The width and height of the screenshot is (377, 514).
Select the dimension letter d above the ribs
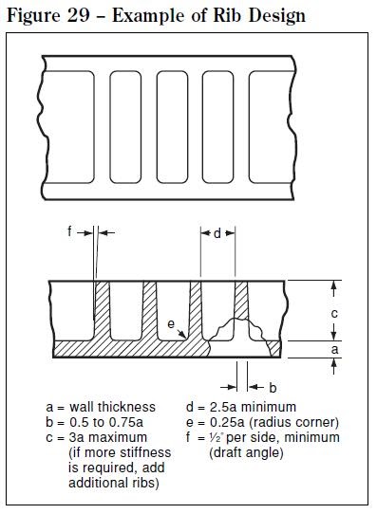(217, 233)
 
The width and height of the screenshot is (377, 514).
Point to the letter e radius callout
(171, 325)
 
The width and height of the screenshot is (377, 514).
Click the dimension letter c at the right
(334, 312)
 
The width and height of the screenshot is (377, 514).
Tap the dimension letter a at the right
(334, 349)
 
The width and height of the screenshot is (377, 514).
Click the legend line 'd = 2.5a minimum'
(241, 407)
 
